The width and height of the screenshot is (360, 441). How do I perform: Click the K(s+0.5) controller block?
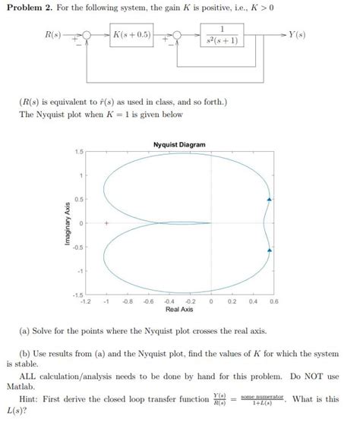point(131,35)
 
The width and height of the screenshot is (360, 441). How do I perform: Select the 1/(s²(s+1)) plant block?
point(221,36)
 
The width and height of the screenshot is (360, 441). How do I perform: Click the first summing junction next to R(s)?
point(87,36)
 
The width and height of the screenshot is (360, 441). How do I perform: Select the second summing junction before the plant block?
point(176,36)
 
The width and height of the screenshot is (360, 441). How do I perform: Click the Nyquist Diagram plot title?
point(179,144)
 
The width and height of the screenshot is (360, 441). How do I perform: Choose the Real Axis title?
point(179,310)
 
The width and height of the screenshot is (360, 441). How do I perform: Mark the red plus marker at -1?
point(107,223)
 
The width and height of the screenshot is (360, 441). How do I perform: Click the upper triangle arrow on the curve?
point(267,199)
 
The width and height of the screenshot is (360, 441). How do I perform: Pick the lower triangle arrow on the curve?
point(267,249)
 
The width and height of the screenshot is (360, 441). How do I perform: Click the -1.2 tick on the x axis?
point(86,301)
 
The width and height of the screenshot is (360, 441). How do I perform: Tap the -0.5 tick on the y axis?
point(77,247)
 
